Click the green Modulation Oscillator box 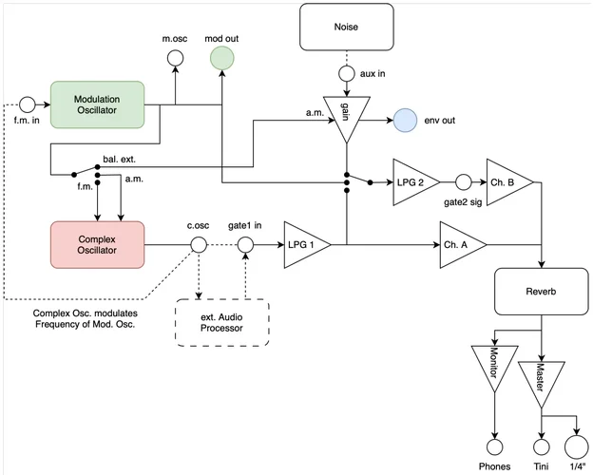96,103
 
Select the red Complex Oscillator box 96,244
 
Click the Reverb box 542,291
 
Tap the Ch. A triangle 461,245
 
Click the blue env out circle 405,121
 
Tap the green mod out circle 221,59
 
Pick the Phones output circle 493,446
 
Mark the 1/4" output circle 575,446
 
